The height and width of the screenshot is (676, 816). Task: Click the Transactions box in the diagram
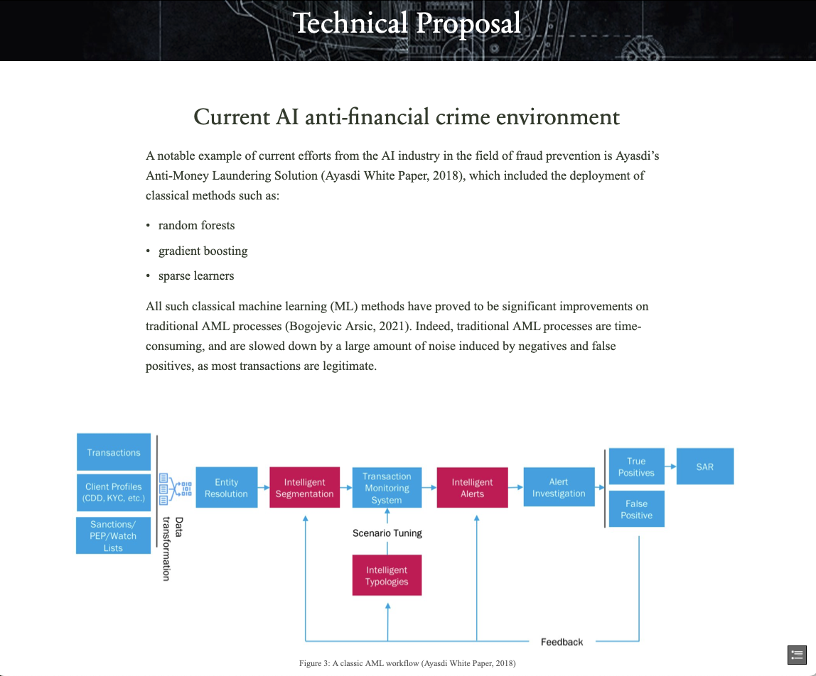pyautogui.click(x=114, y=452)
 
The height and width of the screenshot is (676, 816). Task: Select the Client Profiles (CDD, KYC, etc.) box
pyautogui.click(x=114, y=492)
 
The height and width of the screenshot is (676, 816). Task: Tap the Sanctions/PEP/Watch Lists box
pyautogui.click(x=114, y=536)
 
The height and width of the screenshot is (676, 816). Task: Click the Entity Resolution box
pyautogui.click(x=226, y=487)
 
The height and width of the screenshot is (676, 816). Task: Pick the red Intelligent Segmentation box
pyautogui.click(x=304, y=487)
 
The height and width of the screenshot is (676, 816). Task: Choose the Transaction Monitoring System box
pyautogui.click(x=387, y=487)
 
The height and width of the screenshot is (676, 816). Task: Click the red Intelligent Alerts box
pyautogui.click(x=472, y=487)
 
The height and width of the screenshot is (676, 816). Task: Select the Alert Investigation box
pyautogui.click(x=559, y=487)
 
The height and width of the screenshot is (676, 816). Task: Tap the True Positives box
pyautogui.click(x=636, y=467)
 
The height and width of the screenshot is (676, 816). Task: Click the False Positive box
pyautogui.click(x=636, y=509)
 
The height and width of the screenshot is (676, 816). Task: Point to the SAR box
pyautogui.click(x=704, y=467)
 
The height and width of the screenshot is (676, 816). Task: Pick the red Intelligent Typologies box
pyautogui.click(x=387, y=575)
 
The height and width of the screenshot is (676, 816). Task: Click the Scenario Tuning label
pyautogui.click(x=387, y=533)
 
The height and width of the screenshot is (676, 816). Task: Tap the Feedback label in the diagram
pyautogui.click(x=562, y=642)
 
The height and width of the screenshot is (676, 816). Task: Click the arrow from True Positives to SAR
pyautogui.click(x=670, y=467)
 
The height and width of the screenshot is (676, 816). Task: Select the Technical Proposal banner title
pyautogui.click(x=407, y=23)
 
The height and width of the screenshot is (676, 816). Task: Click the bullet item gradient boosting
pyautogui.click(x=203, y=251)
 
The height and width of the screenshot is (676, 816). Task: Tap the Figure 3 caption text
pyautogui.click(x=407, y=663)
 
